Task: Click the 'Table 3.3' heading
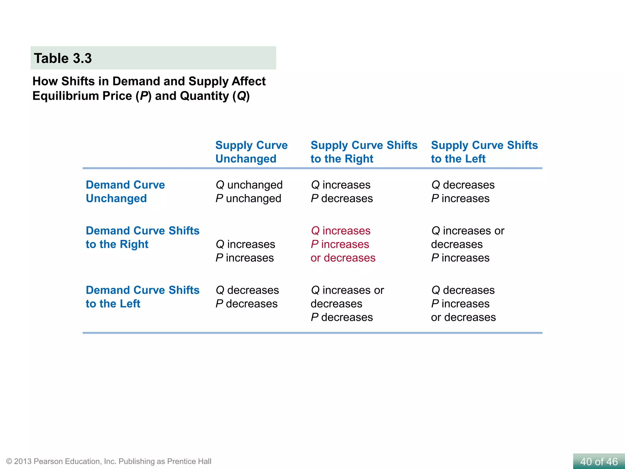point(63,58)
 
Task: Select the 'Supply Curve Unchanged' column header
point(251,152)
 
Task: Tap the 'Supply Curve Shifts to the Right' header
point(364,152)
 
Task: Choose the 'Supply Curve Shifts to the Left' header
point(484,152)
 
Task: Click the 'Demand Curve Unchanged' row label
point(125,191)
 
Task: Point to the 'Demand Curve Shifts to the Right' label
point(142,237)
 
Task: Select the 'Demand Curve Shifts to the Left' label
point(142,297)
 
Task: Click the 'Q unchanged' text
point(249,185)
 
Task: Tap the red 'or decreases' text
point(343,258)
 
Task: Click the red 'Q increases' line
point(341,231)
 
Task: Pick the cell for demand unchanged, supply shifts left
point(463,192)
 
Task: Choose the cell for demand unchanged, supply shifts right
point(342,192)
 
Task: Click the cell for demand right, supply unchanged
point(245,251)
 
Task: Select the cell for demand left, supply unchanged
point(247,297)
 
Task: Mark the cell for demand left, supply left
point(463,304)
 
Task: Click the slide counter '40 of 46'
point(598,461)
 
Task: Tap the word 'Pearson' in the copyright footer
point(49,461)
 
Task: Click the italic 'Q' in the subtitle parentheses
point(241,96)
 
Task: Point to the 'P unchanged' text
point(248,198)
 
